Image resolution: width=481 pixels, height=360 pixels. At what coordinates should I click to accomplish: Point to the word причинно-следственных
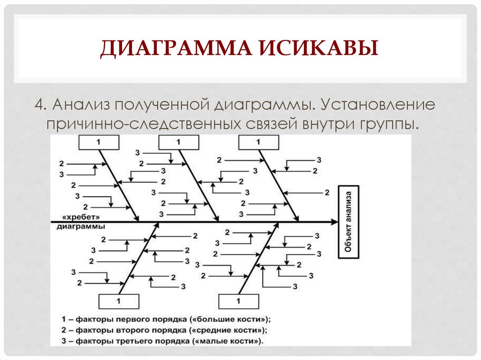(x=142, y=124)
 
